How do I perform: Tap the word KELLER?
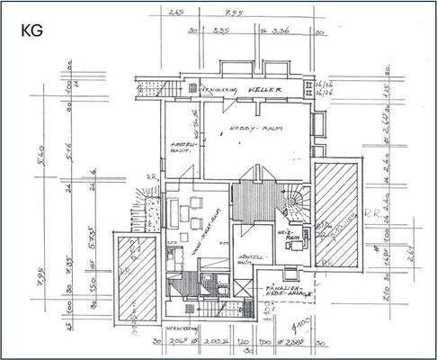pos(267,92)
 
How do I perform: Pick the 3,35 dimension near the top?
pos(220,29)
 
